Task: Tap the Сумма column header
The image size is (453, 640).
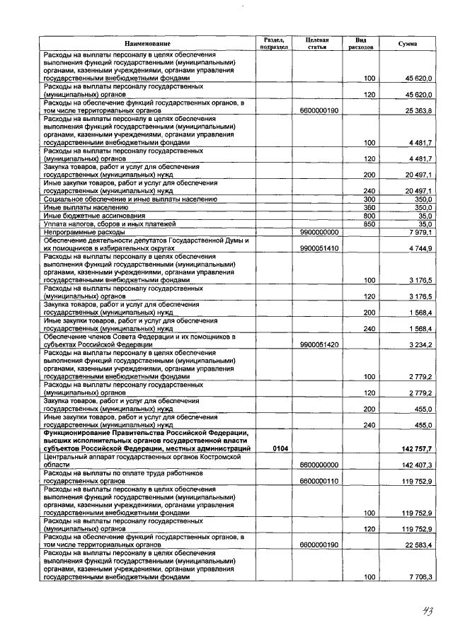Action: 407,45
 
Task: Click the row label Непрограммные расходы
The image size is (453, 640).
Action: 84,232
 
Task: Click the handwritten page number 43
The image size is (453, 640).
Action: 423,611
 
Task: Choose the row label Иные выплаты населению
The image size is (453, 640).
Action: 86,208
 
